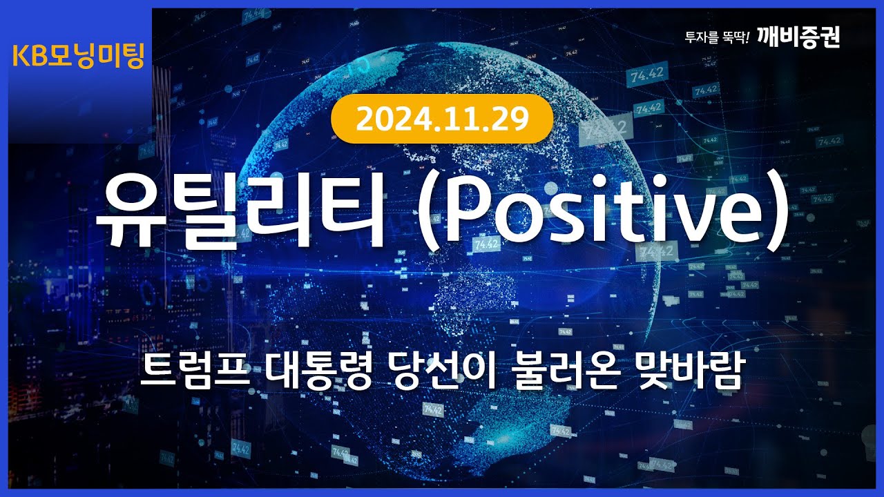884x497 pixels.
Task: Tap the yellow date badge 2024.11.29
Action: pos(442,120)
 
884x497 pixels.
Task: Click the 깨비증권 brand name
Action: pos(798,37)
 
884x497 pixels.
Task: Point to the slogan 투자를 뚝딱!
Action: pos(716,38)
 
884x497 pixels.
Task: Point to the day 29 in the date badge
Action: pos(512,120)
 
